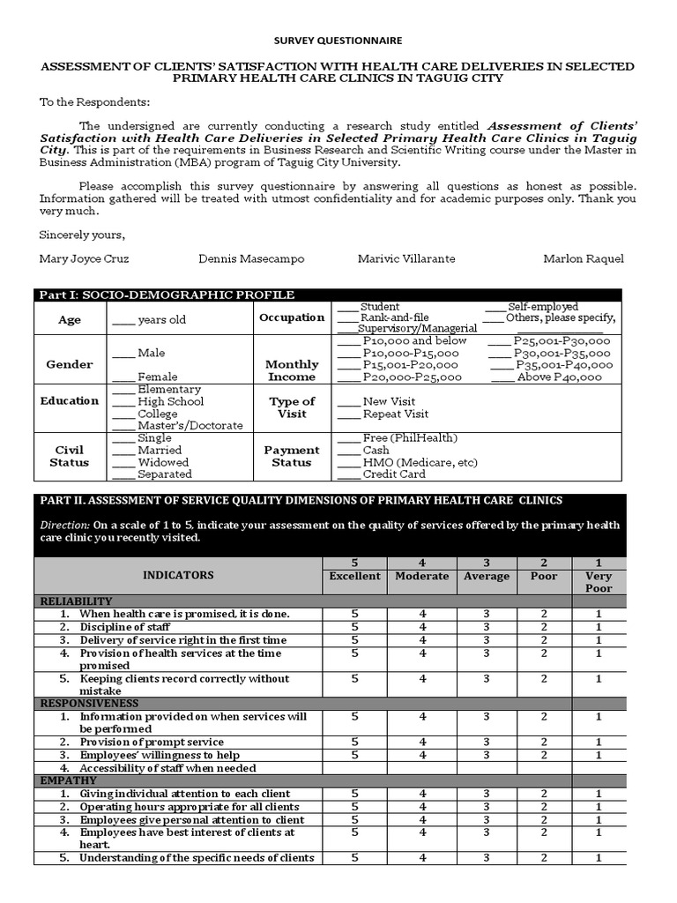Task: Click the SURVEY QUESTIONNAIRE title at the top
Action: pyautogui.click(x=338, y=41)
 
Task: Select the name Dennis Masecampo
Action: pyautogui.click(x=251, y=258)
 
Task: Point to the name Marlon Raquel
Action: pyautogui.click(x=584, y=258)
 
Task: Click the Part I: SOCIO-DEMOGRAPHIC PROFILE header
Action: pyautogui.click(x=167, y=295)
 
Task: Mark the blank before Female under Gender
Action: pyautogui.click(x=123, y=377)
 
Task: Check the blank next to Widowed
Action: pyautogui.click(x=123, y=462)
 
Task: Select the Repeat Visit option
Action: pyautogui.click(x=395, y=414)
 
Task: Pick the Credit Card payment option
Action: pyautogui.click(x=393, y=474)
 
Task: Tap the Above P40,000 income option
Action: pyautogui.click(x=559, y=377)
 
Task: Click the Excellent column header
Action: pyautogui.click(x=354, y=576)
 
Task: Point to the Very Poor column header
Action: pyautogui.click(x=599, y=582)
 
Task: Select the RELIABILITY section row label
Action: pyautogui.click(x=77, y=601)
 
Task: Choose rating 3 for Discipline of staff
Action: pyautogui.click(x=486, y=627)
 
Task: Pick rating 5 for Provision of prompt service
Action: pyautogui.click(x=354, y=743)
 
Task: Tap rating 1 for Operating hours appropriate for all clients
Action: pyautogui.click(x=599, y=807)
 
